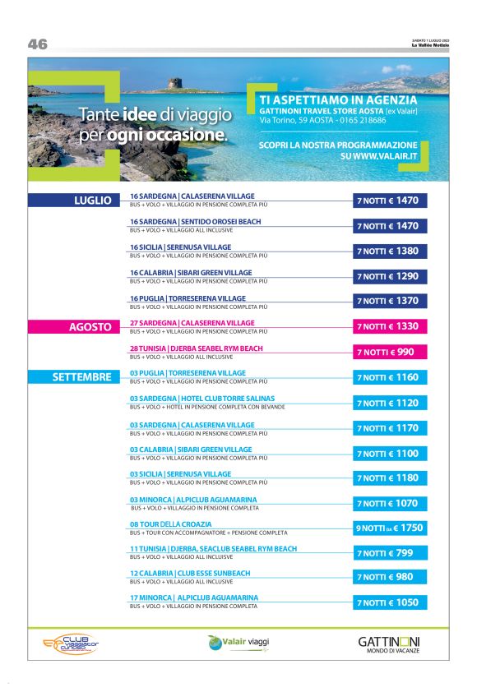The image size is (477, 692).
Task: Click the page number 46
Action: (38, 44)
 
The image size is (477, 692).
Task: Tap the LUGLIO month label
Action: (92, 200)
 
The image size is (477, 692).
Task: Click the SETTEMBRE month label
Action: (81, 377)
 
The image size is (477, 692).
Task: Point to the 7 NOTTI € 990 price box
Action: (391, 352)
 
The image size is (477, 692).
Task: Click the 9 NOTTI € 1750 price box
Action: (391, 528)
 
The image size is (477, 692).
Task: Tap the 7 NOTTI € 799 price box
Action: (391, 553)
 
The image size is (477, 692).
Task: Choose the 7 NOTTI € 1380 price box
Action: (391, 251)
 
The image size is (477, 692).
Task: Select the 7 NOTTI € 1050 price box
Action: (391, 602)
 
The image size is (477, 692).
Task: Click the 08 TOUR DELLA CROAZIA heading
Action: (170, 524)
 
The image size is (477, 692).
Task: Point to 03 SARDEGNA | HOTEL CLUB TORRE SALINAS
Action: (201, 399)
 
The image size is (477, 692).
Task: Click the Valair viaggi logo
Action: (238, 641)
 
